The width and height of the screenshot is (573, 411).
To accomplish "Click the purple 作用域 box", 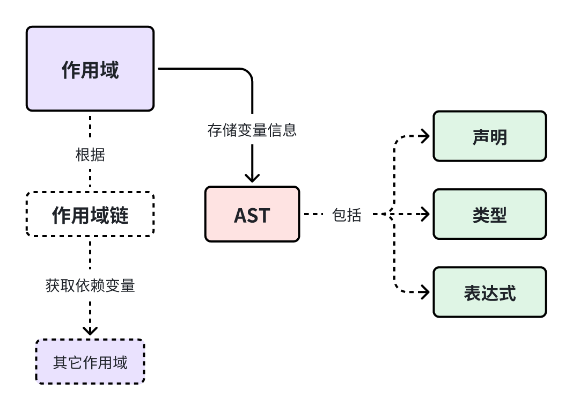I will tap(90, 69).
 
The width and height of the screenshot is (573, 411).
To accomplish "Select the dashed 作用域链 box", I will tap(90, 215).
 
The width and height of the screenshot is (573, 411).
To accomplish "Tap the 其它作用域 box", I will tap(90, 362).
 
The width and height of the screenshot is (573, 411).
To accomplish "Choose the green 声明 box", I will tap(489, 136).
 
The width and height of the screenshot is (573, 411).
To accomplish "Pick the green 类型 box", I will tap(489, 215).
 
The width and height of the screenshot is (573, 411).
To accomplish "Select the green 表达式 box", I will tap(489, 293).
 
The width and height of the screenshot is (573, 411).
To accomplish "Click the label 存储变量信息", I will tap(252, 130).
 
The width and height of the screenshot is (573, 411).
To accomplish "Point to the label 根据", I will tap(90, 155).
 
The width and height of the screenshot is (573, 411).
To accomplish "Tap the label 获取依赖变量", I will tap(90, 285).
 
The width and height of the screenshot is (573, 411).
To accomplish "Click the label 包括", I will tap(347, 215).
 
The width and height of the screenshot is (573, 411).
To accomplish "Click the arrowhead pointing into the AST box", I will tap(252, 178).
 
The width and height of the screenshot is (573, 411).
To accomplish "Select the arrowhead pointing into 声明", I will tap(425, 136).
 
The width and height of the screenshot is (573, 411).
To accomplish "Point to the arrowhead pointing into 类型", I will tap(425, 215).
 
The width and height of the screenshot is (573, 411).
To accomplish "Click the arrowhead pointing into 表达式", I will tap(425, 293).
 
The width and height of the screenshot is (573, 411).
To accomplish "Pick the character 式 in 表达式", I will tap(507, 293).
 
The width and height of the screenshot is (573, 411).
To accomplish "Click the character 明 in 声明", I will tap(498, 137).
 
